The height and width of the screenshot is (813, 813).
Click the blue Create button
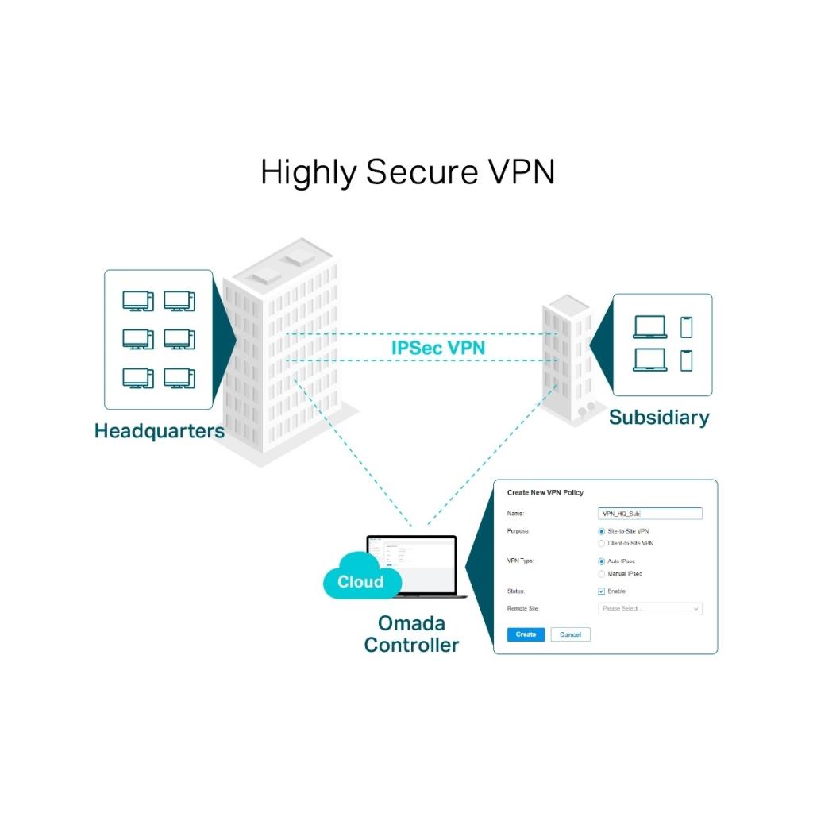(526, 634)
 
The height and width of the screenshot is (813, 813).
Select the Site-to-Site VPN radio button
(602, 530)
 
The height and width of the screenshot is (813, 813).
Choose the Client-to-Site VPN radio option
(602, 543)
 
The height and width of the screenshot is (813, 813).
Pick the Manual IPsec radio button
(602, 573)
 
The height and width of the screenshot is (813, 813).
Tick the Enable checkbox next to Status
(602, 591)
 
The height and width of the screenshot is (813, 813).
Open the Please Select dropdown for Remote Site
(649, 609)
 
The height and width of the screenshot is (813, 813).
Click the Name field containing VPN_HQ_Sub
(649, 514)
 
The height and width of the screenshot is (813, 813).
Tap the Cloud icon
(360, 580)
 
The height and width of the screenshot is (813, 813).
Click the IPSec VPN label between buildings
(438, 348)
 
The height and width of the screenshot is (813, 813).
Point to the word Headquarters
(159, 431)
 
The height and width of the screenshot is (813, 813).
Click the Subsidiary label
(659, 417)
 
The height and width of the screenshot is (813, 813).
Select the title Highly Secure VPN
(407, 172)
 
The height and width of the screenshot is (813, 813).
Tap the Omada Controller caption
(411, 634)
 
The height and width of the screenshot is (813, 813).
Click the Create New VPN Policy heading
(545, 493)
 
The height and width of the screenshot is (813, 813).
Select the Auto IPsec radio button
(602, 561)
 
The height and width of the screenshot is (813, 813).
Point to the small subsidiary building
(567, 357)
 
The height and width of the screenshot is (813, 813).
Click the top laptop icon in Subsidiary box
(650, 327)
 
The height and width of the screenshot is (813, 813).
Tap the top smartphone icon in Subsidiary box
(686, 327)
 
